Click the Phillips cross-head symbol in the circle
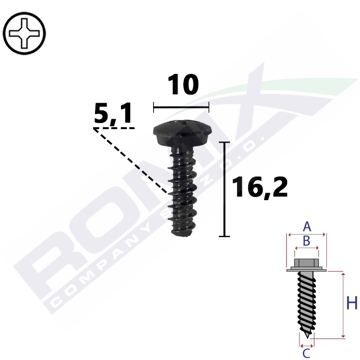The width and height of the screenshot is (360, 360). click(x=24, y=34)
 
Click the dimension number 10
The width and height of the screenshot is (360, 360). click(x=183, y=84)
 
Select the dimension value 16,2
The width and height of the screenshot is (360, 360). click(x=260, y=188)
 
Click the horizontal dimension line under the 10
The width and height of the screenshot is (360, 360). click(x=181, y=107)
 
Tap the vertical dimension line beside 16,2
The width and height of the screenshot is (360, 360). click(x=224, y=189)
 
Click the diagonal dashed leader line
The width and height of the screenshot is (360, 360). click(x=131, y=161)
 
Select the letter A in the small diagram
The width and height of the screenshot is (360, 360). click(x=307, y=227)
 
